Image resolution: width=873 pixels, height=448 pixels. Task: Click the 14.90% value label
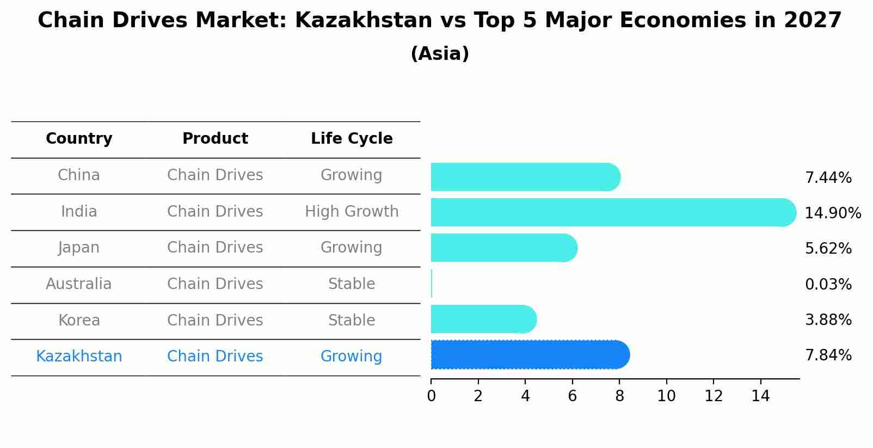[x=832, y=213]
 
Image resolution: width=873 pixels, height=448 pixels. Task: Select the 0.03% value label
[x=828, y=284]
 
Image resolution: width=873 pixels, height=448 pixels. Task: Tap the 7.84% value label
[x=828, y=355]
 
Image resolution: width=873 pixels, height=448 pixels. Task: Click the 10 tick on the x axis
[x=666, y=396]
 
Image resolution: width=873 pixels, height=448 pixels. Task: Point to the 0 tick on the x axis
[x=431, y=396]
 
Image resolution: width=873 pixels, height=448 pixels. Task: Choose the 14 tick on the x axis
[x=760, y=396]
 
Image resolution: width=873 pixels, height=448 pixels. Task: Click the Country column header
[x=79, y=139]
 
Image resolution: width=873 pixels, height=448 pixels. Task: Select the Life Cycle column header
[x=352, y=139]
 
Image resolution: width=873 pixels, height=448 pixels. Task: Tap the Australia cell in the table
[x=79, y=284]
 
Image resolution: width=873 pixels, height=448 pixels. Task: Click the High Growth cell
[x=352, y=211]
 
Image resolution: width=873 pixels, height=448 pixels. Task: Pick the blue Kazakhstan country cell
[x=79, y=357]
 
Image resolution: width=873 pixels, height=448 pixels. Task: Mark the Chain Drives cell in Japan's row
[x=215, y=248]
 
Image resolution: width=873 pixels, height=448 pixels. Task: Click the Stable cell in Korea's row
[x=352, y=320]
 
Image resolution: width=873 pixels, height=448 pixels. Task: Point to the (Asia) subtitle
[x=440, y=54]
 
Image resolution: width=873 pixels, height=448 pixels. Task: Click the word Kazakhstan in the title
[x=363, y=21]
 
